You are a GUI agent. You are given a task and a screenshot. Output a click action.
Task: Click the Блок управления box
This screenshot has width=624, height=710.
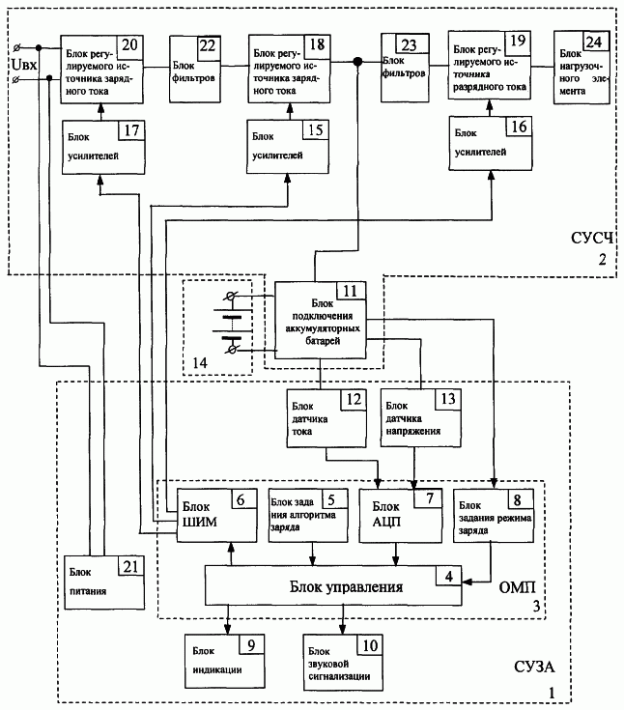tap(326, 586)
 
